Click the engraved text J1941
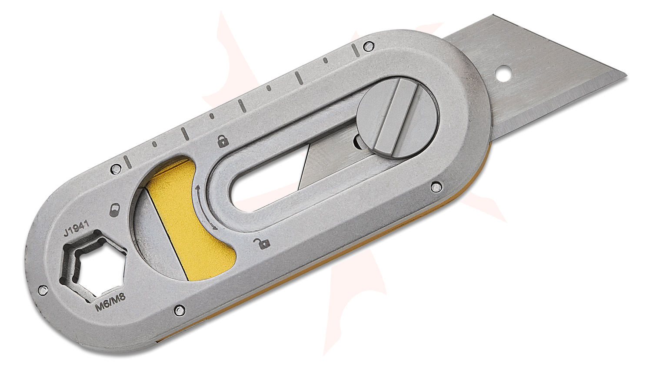pyautogui.click(x=77, y=228)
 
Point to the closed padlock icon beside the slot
pyautogui.click(x=223, y=141)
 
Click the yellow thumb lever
pyautogui.click(x=191, y=217)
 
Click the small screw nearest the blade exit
pyautogui.click(x=369, y=45)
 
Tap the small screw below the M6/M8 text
pyautogui.click(x=177, y=310)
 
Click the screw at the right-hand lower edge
pyautogui.click(x=434, y=188)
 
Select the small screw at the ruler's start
pyautogui.click(x=115, y=167)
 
